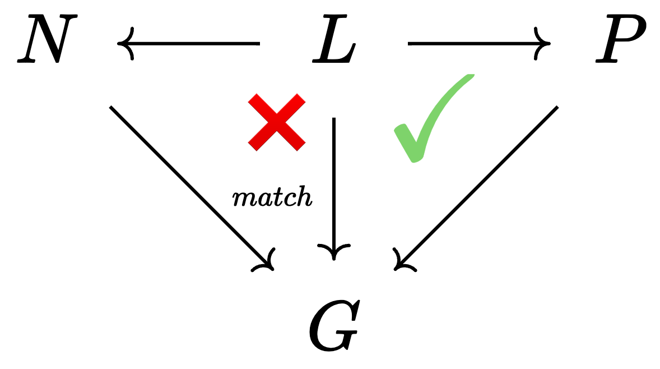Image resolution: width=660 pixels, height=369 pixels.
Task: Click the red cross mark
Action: (x=277, y=122)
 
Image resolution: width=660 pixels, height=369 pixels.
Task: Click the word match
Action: (x=272, y=197)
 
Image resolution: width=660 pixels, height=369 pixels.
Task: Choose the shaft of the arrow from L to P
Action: (x=476, y=43)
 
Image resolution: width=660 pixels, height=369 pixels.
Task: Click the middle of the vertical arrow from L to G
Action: (x=334, y=185)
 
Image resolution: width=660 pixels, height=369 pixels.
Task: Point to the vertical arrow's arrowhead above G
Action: (x=334, y=252)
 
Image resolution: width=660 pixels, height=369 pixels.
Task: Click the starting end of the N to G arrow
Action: (x=111, y=107)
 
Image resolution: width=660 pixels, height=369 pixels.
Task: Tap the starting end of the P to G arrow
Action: (x=557, y=107)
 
